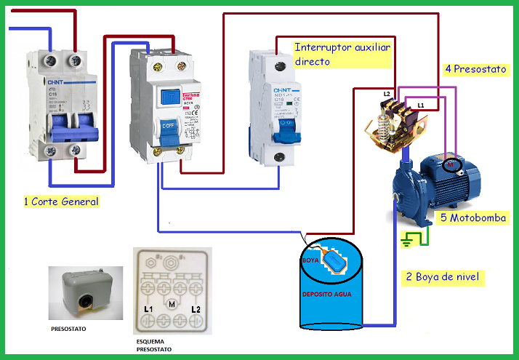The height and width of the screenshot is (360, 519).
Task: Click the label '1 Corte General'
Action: pyautogui.click(x=61, y=201)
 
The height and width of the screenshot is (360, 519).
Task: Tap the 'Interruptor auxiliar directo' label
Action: pyautogui.click(x=342, y=55)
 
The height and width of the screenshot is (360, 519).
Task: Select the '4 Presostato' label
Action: pyautogui.click(x=476, y=70)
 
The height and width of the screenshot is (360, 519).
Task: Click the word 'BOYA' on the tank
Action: pyautogui.click(x=310, y=258)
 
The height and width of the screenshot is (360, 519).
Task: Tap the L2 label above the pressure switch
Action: pyautogui.click(x=387, y=95)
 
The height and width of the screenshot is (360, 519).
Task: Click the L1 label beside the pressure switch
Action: pyautogui.click(x=421, y=106)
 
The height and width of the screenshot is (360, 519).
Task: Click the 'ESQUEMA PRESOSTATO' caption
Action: pyautogui.click(x=155, y=345)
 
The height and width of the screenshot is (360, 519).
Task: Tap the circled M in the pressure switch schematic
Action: pyautogui.click(x=172, y=303)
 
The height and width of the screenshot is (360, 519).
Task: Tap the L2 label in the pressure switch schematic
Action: pyautogui.click(x=195, y=311)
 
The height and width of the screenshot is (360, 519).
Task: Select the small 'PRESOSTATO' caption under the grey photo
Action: pyautogui.click(x=69, y=329)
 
